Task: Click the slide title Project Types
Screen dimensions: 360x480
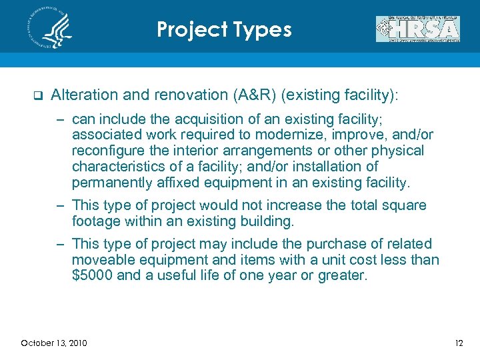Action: pyautogui.click(x=224, y=29)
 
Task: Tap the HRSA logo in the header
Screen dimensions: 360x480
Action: pyautogui.click(x=417, y=29)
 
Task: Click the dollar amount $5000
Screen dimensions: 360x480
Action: pyautogui.click(x=92, y=275)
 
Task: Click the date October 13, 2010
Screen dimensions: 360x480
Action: pyautogui.click(x=54, y=343)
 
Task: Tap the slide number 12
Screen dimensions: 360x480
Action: pyautogui.click(x=458, y=343)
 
